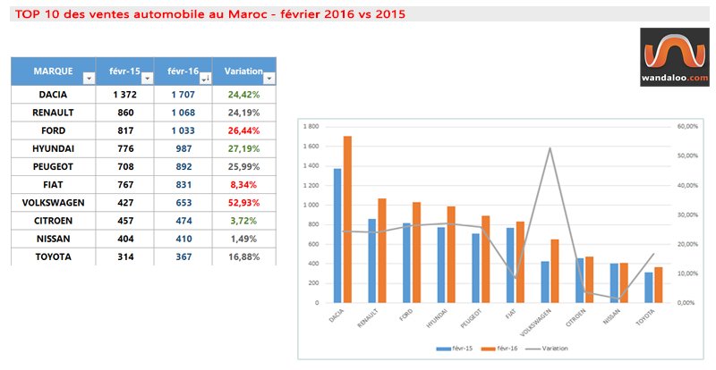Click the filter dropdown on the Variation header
(267, 79)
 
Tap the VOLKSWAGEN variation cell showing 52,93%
(244, 202)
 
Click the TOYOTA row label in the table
(53, 256)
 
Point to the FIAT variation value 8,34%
(244, 184)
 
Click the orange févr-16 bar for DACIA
(347, 219)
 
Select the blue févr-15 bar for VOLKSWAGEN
(546, 282)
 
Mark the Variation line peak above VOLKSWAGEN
(550, 148)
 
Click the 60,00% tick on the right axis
(687, 126)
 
